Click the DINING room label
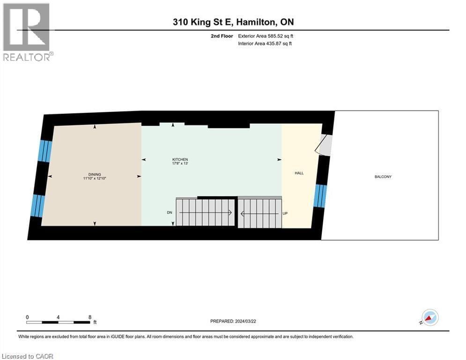coord(94,174)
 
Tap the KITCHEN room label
coord(180,159)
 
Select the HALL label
coord(299,173)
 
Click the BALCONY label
coord(383,177)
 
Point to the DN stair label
coord(170,212)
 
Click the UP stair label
coord(285,213)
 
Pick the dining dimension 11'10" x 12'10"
coord(94,179)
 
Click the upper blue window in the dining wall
coord(44,151)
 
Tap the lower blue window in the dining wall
coord(37,206)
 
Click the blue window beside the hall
coord(319,195)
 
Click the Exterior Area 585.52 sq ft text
coord(266,36)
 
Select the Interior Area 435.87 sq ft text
coord(266,44)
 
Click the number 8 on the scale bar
coord(89,317)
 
